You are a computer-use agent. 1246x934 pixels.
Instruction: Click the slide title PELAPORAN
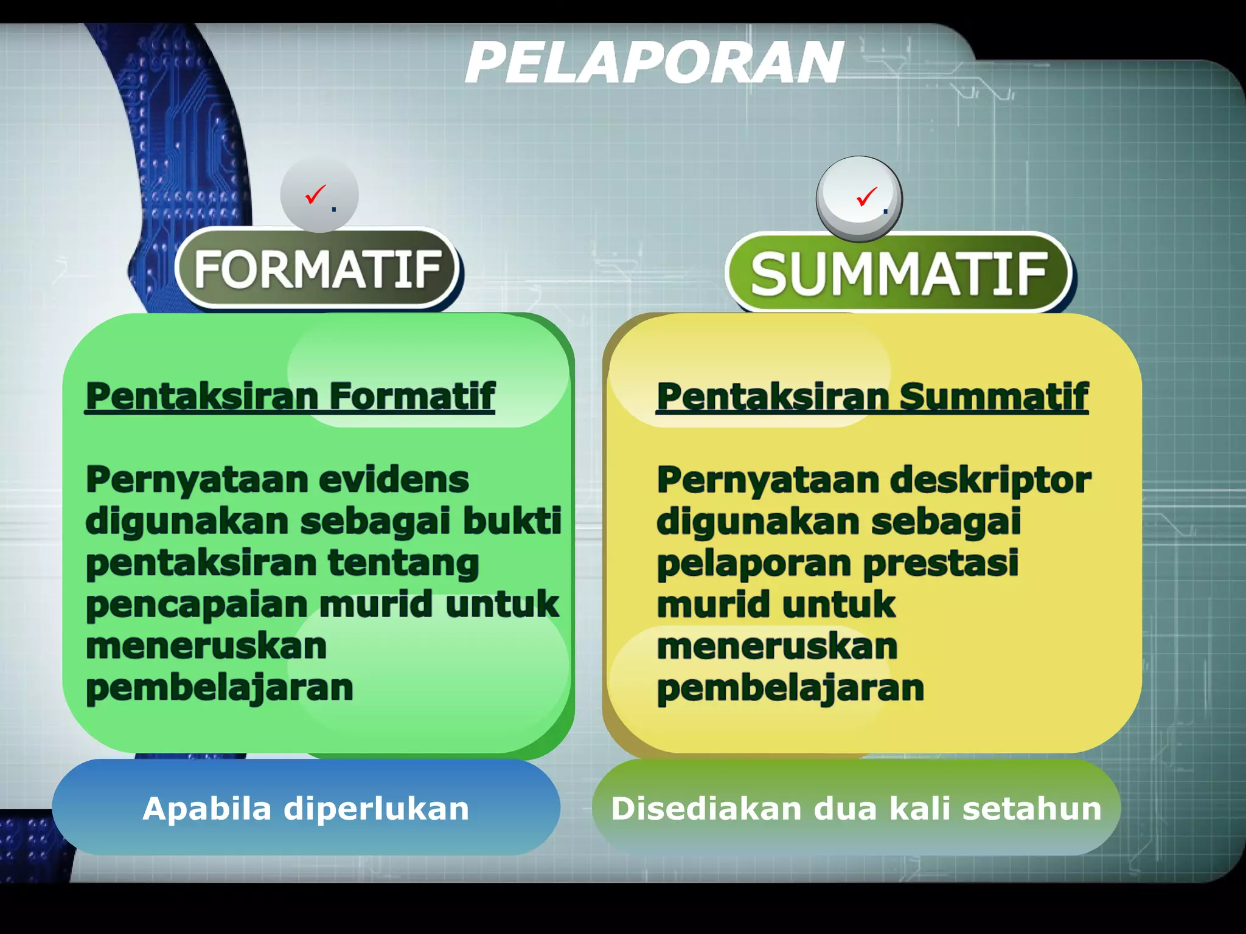tap(654, 63)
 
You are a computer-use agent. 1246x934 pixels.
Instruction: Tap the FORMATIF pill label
tap(317, 270)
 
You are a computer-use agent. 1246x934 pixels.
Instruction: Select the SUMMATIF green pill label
tap(899, 274)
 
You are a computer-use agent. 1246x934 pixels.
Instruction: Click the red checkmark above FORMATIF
tap(316, 195)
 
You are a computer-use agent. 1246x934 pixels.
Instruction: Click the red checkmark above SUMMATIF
tap(866, 196)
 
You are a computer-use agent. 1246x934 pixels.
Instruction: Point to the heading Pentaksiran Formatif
tap(290, 396)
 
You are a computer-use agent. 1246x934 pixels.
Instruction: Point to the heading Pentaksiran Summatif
tap(872, 397)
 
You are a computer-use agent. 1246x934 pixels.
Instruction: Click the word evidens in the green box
tap(394, 480)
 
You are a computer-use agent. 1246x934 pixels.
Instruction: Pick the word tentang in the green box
tap(403, 563)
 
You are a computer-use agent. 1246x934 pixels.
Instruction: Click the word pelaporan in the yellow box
tap(754, 563)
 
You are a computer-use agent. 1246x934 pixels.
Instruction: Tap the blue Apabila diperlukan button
tap(306, 808)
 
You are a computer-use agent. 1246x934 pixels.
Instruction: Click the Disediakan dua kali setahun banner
tap(855, 808)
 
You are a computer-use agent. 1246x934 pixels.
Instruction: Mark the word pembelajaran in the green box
tap(219, 688)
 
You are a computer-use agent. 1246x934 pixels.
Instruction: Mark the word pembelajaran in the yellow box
tap(790, 688)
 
